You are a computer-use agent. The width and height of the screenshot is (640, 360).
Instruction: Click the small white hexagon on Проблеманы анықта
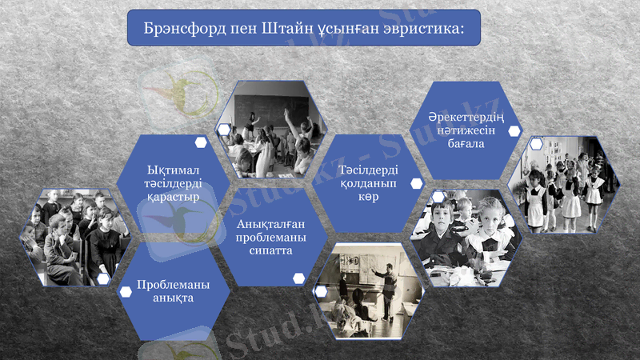(125, 293)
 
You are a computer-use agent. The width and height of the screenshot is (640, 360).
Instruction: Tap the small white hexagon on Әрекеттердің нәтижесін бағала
(513, 130)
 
